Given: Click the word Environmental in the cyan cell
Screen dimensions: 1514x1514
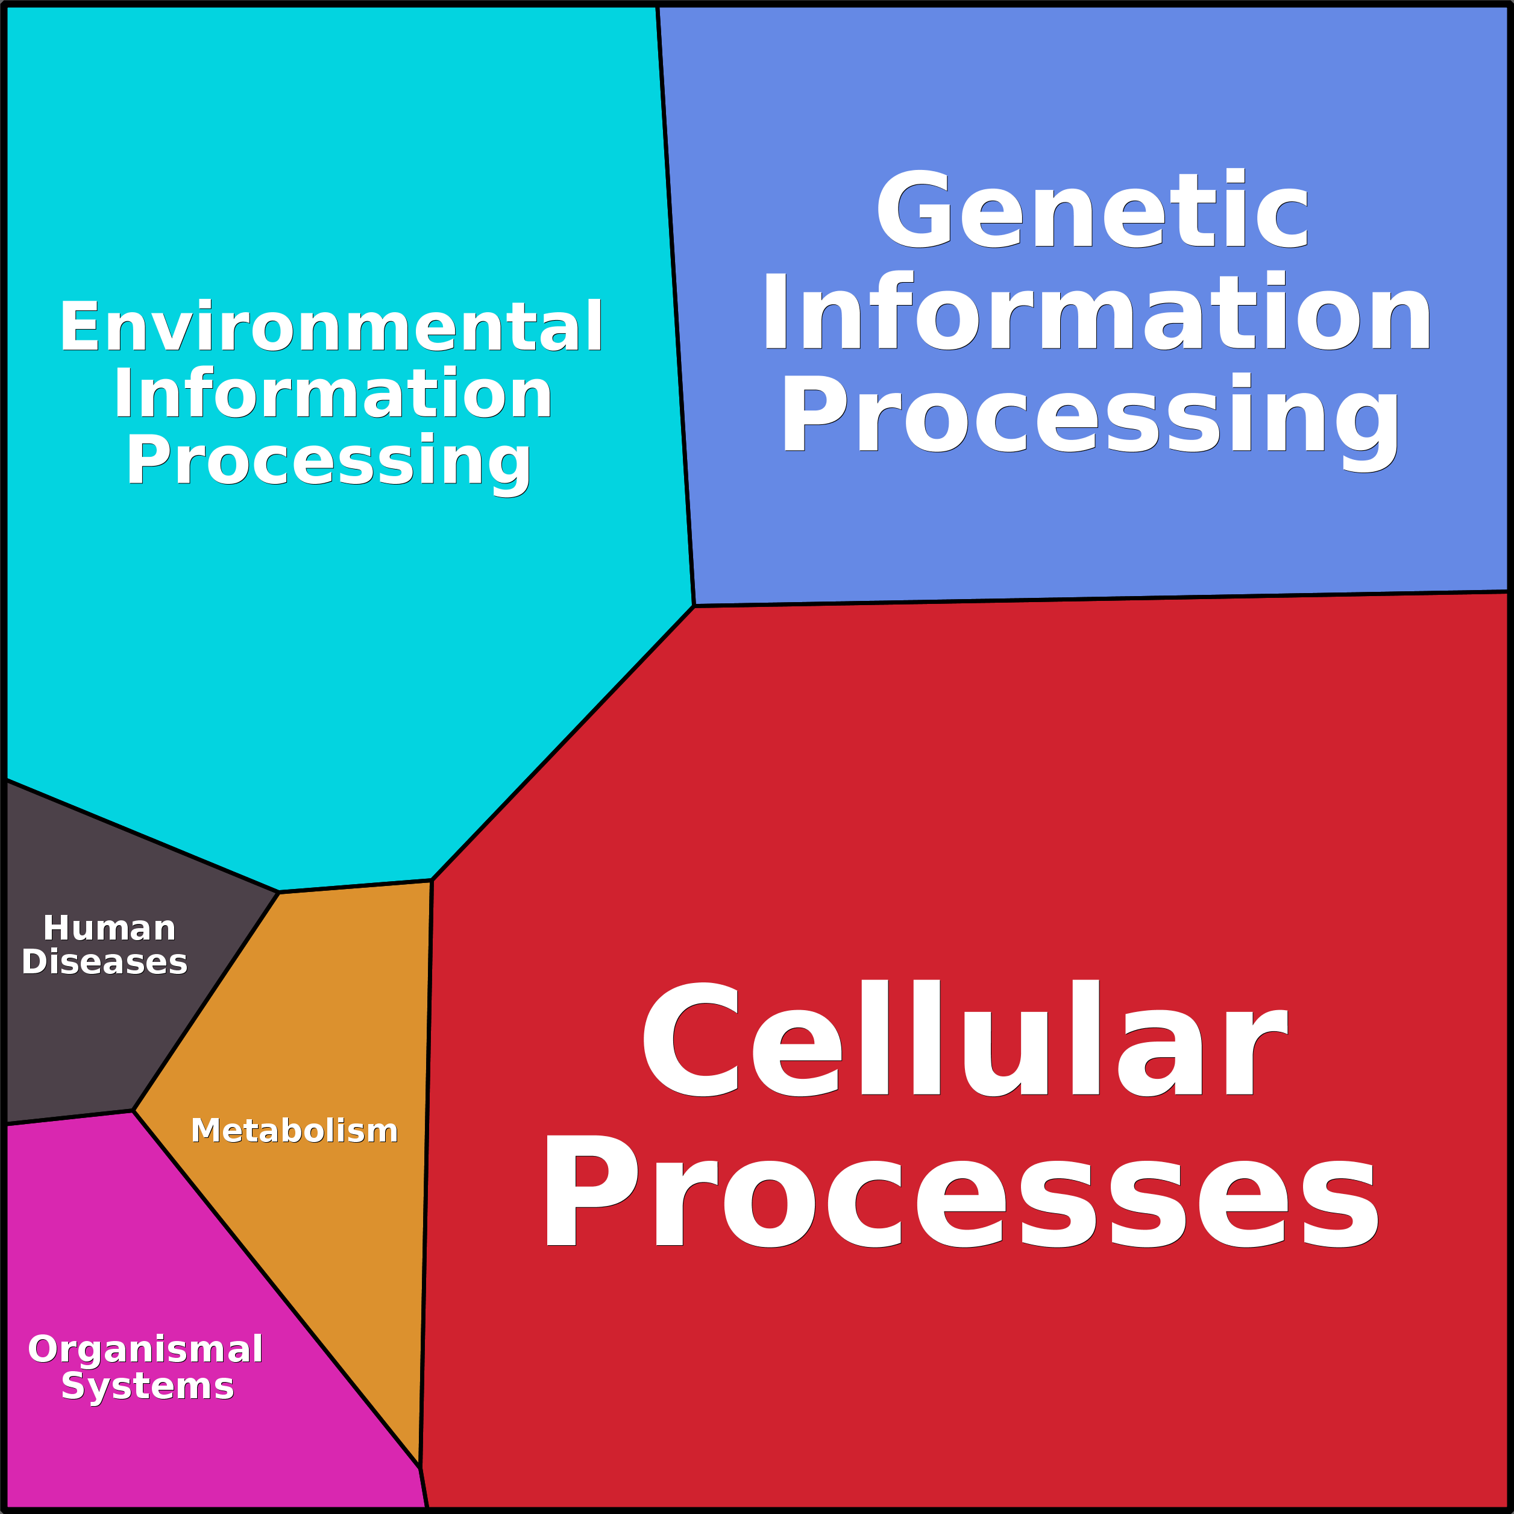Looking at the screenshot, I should coord(331,327).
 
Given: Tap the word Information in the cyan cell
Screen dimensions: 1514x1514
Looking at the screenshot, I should coord(332,394).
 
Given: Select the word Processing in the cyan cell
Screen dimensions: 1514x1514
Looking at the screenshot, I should coord(329,462).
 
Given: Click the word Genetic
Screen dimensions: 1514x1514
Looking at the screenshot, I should coord(1092,210).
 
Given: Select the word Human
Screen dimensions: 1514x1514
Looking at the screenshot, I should coord(109,929).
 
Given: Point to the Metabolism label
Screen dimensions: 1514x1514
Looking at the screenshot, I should coord(295,1131).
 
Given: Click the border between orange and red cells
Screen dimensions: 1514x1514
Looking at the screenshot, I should coord(426,1175).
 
